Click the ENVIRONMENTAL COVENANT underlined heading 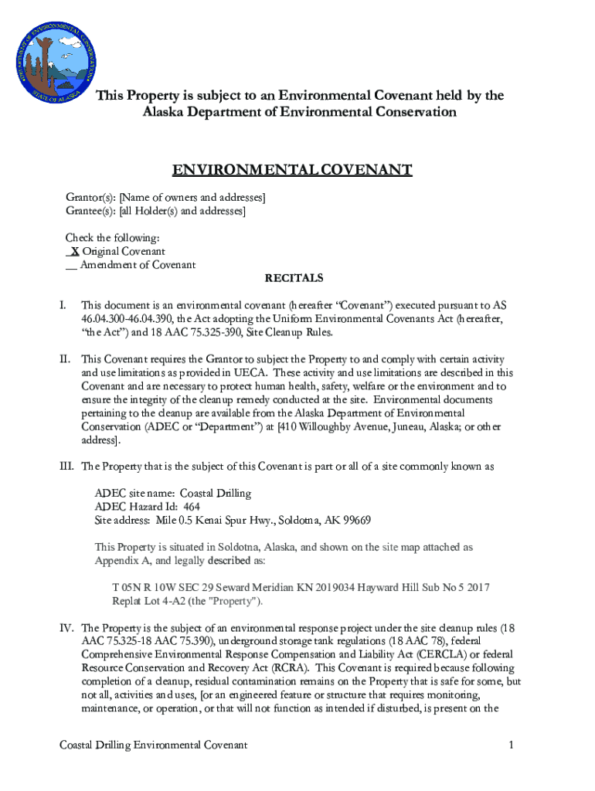pyautogui.click(x=292, y=171)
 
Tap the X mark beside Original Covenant pyautogui.click(x=74, y=252)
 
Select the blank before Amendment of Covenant pyautogui.click(x=71, y=265)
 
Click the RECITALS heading pyautogui.click(x=294, y=278)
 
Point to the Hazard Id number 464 pyautogui.click(x=192, y=507)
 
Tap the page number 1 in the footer pyautogui.click(x=512, y=745)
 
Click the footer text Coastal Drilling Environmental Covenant pyautogui.click(x=154, y=745)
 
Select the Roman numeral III pyautogui.click(x=67, y=467)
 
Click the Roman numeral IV pyautogui.click(x=67, y=628)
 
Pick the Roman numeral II pyautogui.click(x=66, y=359)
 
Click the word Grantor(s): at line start pyautogui.click(x=90, y=198)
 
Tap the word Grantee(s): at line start pyautogui.click(x=90, y=211)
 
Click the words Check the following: pyautogui.click(x=113, y=238)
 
